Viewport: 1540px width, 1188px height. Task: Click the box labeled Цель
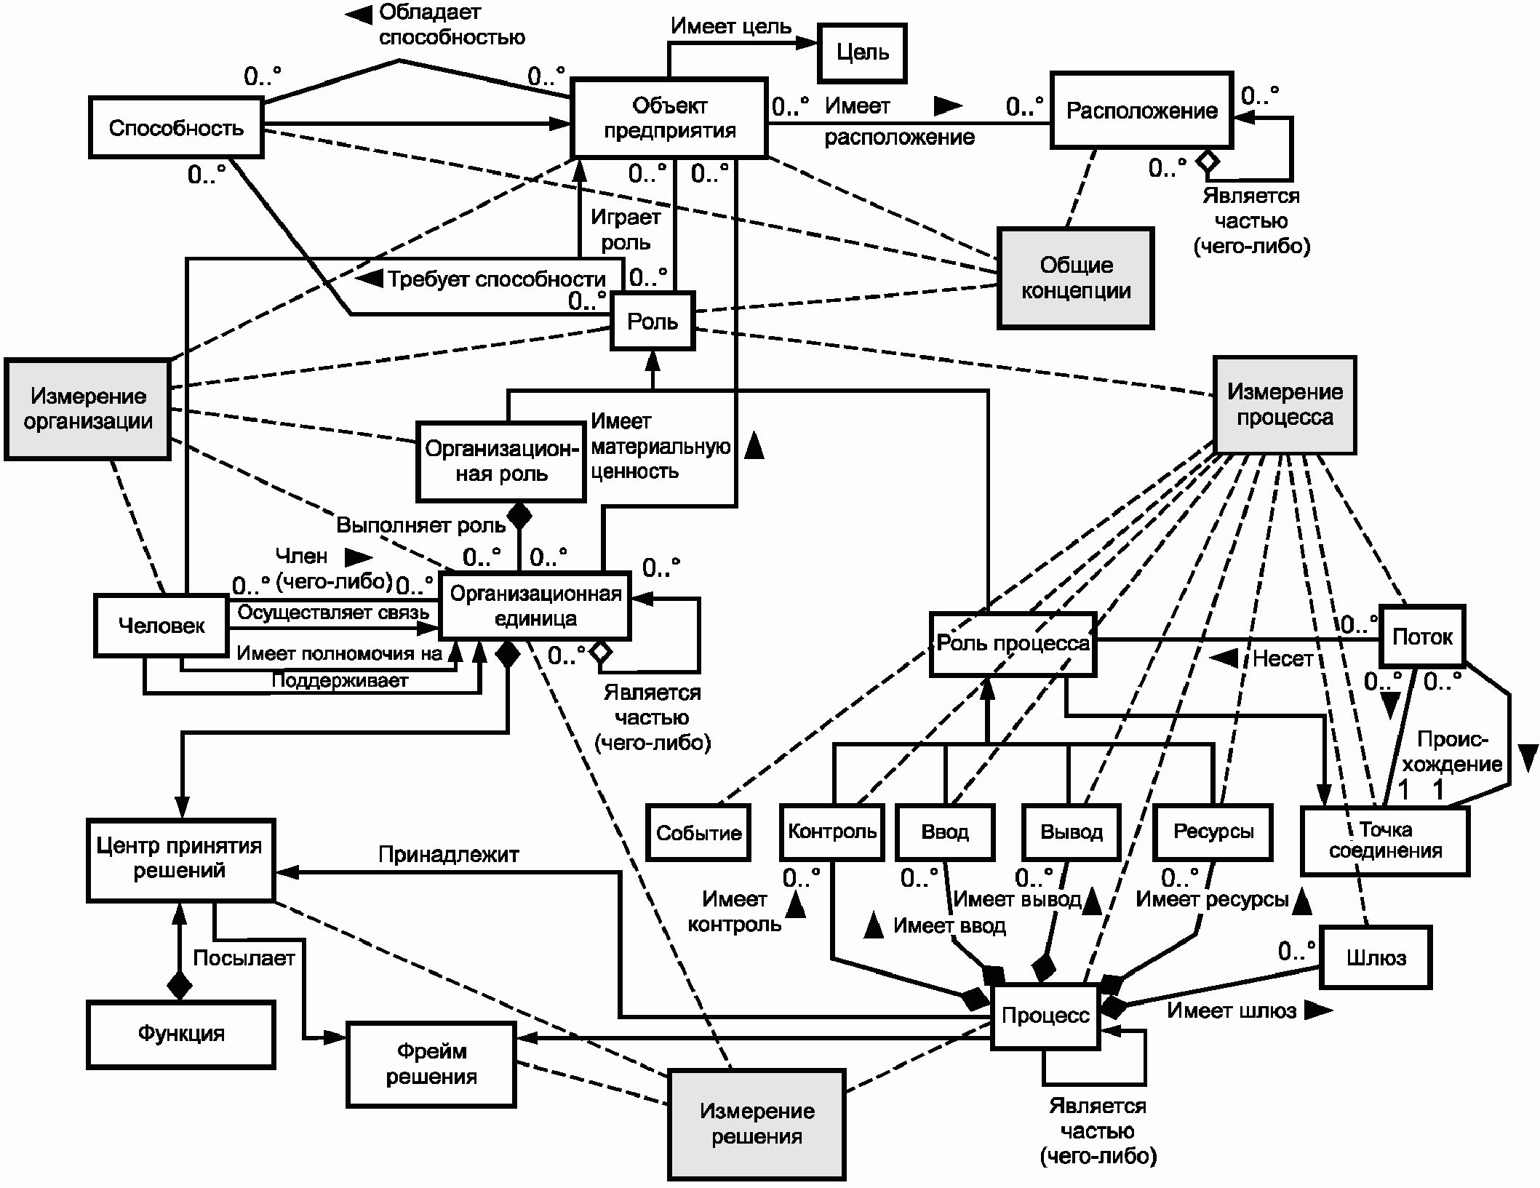862,52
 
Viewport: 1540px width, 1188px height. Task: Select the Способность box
176,128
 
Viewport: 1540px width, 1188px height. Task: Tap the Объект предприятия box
669,118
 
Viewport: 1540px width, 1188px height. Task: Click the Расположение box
1141,111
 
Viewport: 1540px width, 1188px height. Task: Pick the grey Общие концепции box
1076,278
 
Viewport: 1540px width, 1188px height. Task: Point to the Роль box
653,321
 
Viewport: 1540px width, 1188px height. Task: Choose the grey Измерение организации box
87,409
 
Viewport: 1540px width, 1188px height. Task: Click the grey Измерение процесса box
1285,404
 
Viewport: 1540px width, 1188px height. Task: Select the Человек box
161,626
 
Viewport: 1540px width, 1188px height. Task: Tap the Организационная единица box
535,606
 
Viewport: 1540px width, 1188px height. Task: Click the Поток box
1422,637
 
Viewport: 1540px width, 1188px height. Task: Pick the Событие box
698,833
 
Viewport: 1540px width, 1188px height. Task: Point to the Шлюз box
1376,958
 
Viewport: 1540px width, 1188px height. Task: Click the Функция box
181,1034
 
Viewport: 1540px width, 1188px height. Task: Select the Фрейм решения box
431,1064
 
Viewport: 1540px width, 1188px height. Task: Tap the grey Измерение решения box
757,1124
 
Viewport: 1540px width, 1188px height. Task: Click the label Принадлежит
449,854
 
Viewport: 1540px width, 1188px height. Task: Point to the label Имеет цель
731,26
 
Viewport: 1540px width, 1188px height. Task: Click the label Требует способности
497,279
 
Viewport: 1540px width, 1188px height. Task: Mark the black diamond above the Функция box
179,986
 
